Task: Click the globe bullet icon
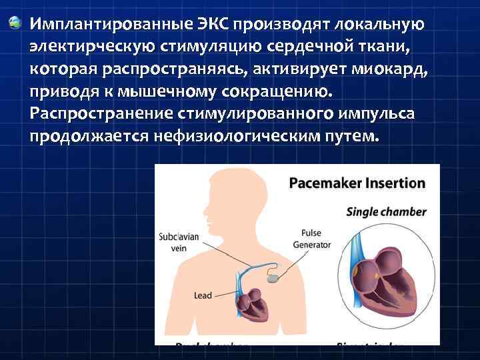tap(13, 25)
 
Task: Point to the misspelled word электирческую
tap(89, 47)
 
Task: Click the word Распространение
tap(101, 114)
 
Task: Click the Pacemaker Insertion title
tap(357, 183)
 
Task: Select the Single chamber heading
tap(386, 212)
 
